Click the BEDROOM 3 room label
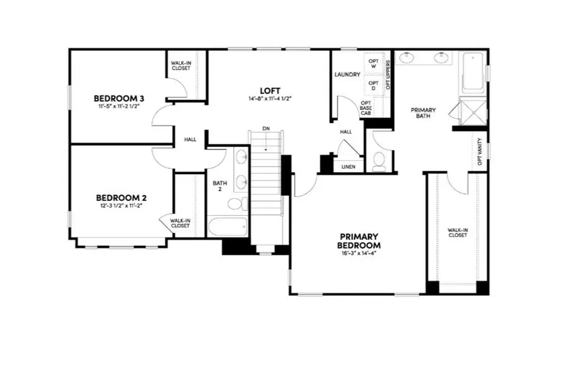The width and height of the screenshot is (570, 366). (x=120, y=98)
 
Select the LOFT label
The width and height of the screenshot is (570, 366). (x=270, y=90)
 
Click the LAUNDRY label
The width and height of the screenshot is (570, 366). (x=347, y=75)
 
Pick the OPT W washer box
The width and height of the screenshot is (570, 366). (x=373, y=63)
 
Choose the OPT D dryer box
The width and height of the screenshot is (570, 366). (x=373, y=85)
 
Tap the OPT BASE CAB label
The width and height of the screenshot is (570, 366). (x=365, y=108)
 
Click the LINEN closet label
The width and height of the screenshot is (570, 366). (x=348, y=167)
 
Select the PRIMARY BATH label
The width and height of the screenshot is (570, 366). (x=423, y=113)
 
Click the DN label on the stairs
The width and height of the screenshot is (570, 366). (x=266, y=129)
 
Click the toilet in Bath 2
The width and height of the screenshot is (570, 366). (x=236, y=204)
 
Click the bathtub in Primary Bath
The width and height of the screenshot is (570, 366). (x=473, y=73)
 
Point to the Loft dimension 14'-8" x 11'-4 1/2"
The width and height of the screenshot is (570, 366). (x=270, y=99)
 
